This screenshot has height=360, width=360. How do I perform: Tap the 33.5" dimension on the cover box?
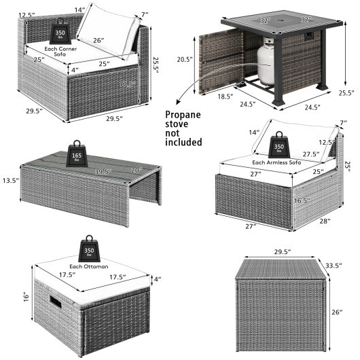coord(331,264)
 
